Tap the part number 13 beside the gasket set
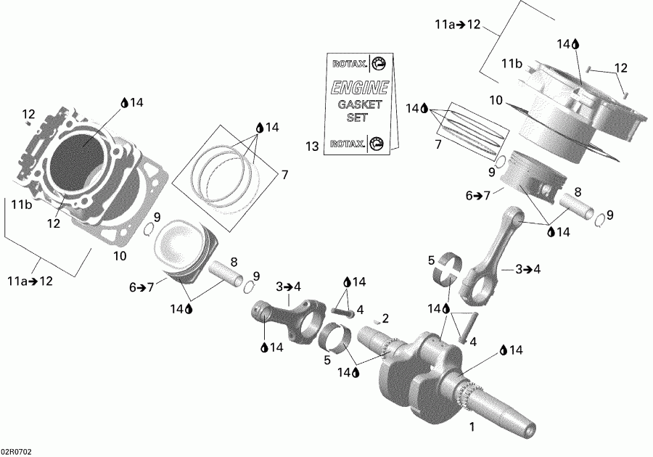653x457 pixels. [x=311, y=147]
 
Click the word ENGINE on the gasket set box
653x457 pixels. [x=360, y=88]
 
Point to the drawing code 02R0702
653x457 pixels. [x=17, y=450]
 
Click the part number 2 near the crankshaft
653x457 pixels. [x=386, y=318]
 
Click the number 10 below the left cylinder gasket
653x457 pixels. [x=120, y=255]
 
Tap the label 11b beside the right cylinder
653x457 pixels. [x=512, y=65]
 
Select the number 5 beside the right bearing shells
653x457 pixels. [x=431, y=260]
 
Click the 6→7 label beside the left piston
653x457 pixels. [x=143, y=287]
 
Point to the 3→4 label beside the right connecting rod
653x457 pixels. [x=529, y=269]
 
